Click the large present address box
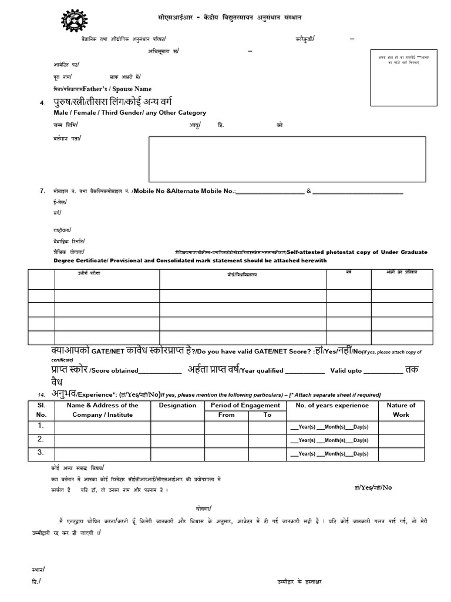[287, 159]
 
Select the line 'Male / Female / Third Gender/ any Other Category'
[130, 112]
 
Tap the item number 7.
[42, 190]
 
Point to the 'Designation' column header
[177, 405]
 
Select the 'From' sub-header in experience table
[226, 414]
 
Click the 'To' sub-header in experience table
[267, 414]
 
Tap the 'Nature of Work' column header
[401, 410]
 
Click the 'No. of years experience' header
[332, 405]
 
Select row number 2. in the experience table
[41, 439]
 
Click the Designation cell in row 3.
[177, 453]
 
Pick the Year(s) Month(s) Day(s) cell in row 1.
[329, 426]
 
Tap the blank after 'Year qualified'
[304, 371]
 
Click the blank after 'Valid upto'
[383, 371]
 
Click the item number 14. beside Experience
[41, 394]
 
